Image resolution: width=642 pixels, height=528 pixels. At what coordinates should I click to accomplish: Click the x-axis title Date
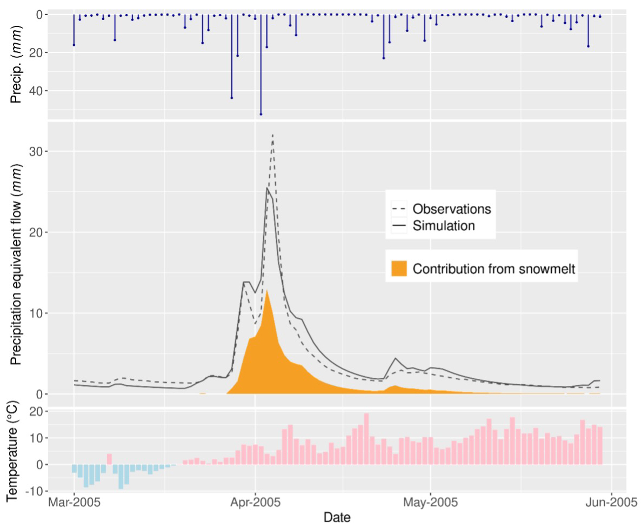(x=337, y=517)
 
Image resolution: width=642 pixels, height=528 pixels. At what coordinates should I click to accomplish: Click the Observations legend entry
(x=451, y=209)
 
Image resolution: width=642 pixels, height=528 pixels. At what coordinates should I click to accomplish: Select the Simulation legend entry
(x=443, y=225)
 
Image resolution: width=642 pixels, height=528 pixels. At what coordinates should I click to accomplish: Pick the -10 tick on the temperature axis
(x=34, y=491)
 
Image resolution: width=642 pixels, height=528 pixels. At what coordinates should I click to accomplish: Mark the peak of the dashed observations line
(x=273, y=135)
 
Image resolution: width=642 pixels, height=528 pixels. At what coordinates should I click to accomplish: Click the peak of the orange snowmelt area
(x=267, y=290)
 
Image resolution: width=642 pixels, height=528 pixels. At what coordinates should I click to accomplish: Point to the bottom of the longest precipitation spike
(x=261, y=114)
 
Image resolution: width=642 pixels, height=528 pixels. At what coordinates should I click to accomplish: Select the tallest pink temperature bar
(x=366, y=438)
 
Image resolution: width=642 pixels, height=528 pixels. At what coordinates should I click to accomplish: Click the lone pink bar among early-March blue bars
(x=109, y=459)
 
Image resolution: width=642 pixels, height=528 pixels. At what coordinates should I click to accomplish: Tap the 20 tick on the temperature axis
(x=36, y=412)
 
